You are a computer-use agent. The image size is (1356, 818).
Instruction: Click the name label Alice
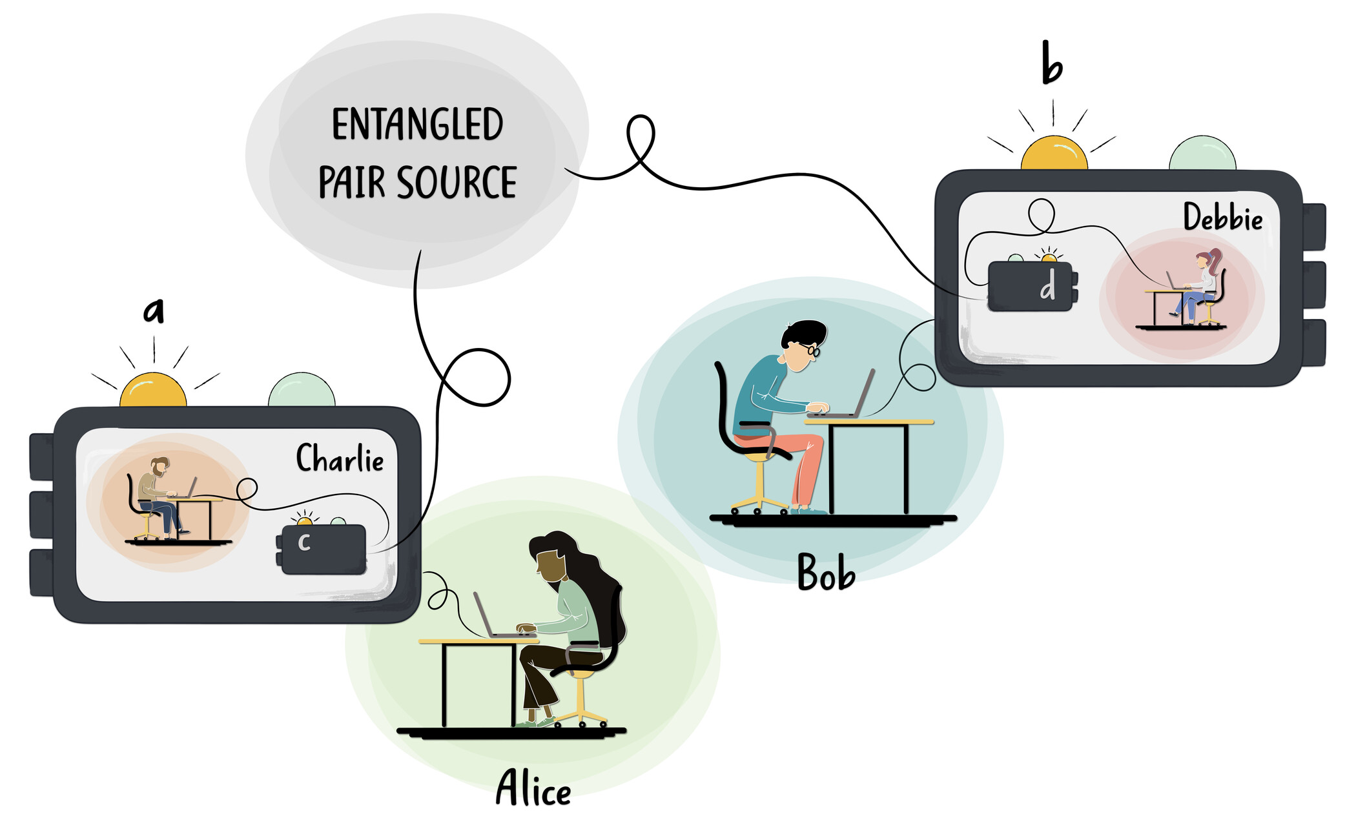tap(533, 788)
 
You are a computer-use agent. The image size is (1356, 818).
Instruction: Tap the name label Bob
tap(826, 572)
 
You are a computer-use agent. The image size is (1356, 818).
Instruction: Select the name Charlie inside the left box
tap(340, 458)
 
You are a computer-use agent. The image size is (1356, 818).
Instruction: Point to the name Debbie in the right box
tap(1222, 217)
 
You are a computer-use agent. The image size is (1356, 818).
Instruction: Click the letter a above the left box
tap(154, 311)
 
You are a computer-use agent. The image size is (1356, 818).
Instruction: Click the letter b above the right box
tap(1052, 63)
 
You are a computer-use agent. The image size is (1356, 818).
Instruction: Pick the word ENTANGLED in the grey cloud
tap(417, 125)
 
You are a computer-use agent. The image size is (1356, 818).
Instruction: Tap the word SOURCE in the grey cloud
tap(457, 182)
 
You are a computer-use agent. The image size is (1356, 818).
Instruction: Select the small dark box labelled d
tap(1032, 286)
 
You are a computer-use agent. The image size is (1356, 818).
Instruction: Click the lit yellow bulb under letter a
tap(153, 390)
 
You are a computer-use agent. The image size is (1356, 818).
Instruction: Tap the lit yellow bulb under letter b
tap(1054, 153)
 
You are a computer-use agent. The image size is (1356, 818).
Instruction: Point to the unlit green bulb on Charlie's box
tap(302, 390)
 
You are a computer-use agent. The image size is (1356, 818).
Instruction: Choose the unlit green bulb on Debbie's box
tap(1202, 154)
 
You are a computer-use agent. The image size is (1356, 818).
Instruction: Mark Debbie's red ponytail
tap(1215, 261)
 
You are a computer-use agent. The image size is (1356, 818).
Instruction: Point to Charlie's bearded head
tap(159, 466)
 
